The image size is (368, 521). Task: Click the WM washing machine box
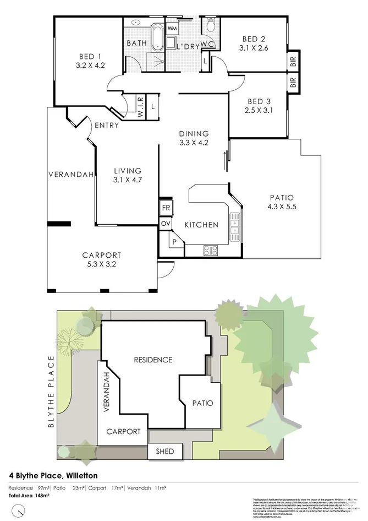pos(172,28)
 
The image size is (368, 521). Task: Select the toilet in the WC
pos(210,25)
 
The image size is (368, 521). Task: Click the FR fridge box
pos(166,208)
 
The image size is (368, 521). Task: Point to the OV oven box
pos(166,223)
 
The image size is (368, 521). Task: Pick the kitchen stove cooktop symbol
pos(211,250)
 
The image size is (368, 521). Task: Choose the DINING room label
pos(193,133)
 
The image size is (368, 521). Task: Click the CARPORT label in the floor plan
pos(101,254)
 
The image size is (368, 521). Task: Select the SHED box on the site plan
pos(165,451)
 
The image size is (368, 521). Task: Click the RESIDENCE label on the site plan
pos(153,360)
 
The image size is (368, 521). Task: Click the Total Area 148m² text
pos(29,496)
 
